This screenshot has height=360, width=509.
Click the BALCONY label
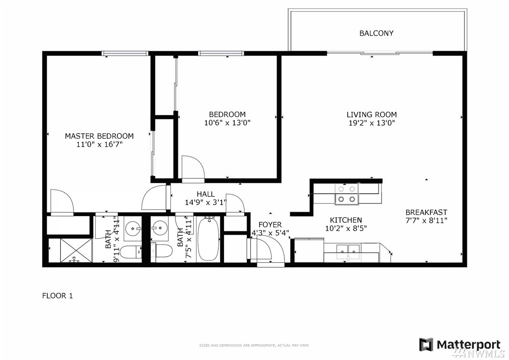376,33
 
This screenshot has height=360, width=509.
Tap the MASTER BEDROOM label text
99,136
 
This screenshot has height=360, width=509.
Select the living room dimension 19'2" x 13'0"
371,123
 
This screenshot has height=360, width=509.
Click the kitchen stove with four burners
347,194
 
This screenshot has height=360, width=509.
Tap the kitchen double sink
348,251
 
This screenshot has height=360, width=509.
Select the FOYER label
270,225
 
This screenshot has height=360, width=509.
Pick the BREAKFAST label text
426,212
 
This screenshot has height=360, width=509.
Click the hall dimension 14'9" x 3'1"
205,202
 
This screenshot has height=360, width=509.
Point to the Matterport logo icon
426,345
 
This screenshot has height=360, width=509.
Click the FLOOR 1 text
57,296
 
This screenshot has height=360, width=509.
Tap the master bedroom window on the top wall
125,53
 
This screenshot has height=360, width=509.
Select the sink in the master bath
133,228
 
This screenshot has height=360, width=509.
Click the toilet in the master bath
132,252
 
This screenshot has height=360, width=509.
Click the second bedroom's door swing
193,167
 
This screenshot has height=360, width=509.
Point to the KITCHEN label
346,220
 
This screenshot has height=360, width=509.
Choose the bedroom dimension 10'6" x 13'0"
227,123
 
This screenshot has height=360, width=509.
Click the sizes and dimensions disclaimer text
254,346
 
